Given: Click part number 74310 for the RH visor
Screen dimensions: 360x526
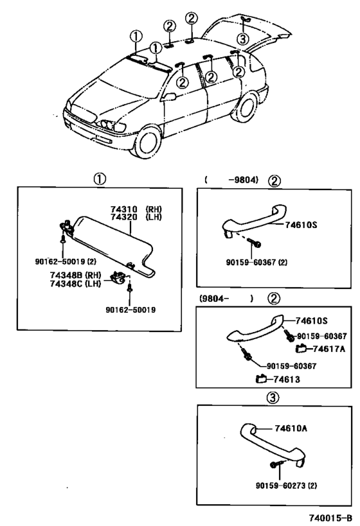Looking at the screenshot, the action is [x=123, y=209].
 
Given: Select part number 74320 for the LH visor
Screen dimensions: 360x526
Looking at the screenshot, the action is [x=123, y=217].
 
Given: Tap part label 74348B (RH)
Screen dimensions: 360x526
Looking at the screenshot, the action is [x=76, y=275].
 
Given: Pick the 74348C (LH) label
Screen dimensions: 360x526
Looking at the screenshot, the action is [x=76, y=283].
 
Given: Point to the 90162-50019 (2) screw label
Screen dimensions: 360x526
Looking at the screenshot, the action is [x=66, y=261].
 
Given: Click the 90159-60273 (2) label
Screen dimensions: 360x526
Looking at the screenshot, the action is [x=287, y=486].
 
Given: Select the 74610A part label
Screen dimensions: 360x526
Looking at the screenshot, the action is [x=291, y=428].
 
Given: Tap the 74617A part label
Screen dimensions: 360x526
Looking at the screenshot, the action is [x=329, y=349].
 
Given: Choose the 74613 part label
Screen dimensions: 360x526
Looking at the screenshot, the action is [x=287, y=380].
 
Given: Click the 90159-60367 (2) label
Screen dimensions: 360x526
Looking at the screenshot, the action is [x=256, y=262].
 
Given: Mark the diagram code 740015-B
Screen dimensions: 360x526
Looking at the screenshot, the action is [x=331, y=518].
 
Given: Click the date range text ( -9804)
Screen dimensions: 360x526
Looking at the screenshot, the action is [x=231, y=180].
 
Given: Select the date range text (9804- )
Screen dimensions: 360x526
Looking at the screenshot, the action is [x=226, y=298].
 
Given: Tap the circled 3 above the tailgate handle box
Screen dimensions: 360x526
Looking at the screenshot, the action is [x=273, y=398].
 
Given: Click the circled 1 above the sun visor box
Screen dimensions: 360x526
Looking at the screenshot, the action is [x=100, y=179].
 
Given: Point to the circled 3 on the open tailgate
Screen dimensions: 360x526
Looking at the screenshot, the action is [x=242, y=39].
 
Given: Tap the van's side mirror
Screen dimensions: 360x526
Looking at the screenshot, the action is [x=169, y=96].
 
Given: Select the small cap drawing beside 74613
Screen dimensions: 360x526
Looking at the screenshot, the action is [x=261, y=379].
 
